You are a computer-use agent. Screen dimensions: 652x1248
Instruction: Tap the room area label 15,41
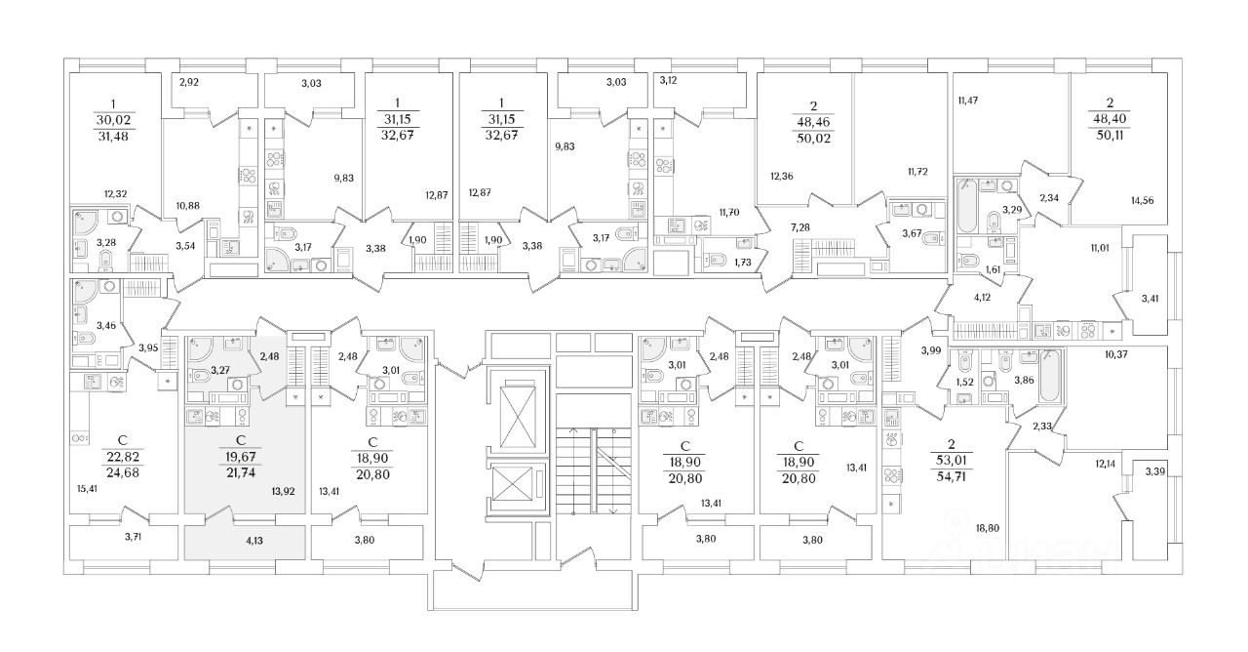tap(88, 489)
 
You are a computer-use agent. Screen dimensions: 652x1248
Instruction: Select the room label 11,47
tap(969, 99)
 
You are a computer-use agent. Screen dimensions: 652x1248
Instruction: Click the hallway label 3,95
tap(148, 347)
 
